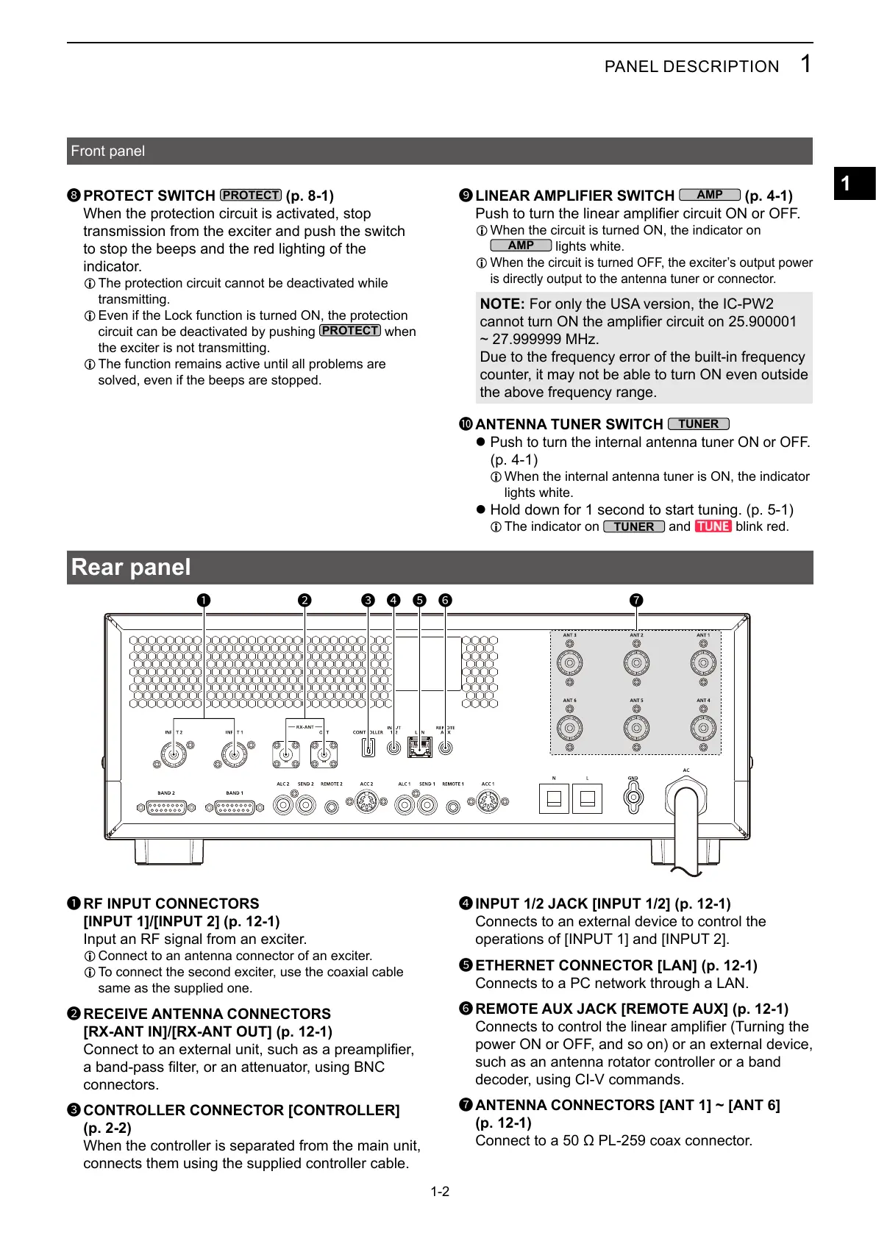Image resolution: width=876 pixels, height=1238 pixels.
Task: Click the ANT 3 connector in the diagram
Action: click(x=569, y=662)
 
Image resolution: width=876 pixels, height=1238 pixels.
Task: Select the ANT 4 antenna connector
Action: click(x=703, y=728)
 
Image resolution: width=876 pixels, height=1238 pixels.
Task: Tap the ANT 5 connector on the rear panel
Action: click(x=636, y=728)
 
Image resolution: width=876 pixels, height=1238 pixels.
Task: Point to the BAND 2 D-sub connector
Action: click(x=166, y=807)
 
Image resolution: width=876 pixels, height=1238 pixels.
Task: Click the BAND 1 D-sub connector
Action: click(x=234, y=807)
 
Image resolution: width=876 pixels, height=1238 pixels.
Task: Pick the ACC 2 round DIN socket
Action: click(x=366, y=804)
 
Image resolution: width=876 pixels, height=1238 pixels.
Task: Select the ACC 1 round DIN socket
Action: click(x=488, y=804)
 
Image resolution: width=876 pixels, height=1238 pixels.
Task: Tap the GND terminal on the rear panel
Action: click(x=633, y=797)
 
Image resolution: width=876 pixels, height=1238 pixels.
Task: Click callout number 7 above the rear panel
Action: click(x=636, y=600)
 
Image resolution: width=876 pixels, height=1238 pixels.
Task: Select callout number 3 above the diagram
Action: click(x=368, y=600)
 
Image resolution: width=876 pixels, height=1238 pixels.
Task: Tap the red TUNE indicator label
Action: click(x=713, y=526)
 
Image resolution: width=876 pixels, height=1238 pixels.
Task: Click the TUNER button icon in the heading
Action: click(x=698, y=424)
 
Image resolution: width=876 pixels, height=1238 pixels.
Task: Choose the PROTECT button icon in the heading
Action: click(x=250, y=196)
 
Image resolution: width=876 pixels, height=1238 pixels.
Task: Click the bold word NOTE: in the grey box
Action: click(x=502, y=304)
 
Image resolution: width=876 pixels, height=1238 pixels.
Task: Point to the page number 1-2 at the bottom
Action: click(x=440, y=1191)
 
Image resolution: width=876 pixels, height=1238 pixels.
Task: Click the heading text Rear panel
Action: click(x=131, y=568)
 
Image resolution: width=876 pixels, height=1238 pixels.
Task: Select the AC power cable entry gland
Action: click(x=686, y=797)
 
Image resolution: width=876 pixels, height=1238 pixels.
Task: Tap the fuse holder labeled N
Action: click(x=554, y=798)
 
